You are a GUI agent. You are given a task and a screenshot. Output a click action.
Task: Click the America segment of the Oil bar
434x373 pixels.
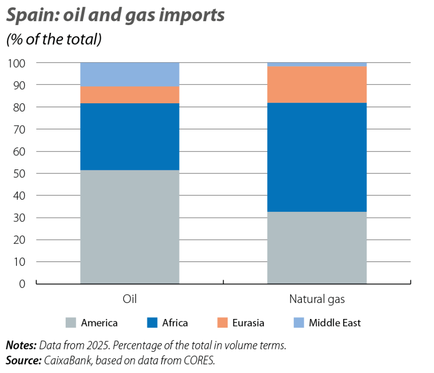130,227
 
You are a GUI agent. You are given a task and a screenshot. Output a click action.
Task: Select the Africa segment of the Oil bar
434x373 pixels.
130,137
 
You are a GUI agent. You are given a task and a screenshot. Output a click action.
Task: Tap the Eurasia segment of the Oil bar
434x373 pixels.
130,95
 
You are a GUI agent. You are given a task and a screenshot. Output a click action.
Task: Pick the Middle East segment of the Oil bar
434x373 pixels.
130,74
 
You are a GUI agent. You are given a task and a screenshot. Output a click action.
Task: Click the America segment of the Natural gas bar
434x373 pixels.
317,248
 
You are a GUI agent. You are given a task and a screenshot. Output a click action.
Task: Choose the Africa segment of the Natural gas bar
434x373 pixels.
317,157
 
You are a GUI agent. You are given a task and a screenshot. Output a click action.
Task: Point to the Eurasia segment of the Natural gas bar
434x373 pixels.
317,84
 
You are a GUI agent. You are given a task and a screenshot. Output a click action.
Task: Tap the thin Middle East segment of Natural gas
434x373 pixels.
317,64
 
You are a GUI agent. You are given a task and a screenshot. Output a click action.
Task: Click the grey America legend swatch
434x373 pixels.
70,323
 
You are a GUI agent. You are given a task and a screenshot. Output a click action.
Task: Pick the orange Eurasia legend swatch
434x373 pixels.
222,323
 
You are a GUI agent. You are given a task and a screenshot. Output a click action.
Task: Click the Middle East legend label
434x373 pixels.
335,323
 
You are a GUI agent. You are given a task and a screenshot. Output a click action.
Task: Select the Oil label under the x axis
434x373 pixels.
130,299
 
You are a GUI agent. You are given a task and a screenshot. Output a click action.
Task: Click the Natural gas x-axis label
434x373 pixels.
317,299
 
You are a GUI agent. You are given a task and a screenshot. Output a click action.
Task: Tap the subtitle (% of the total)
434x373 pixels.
54,40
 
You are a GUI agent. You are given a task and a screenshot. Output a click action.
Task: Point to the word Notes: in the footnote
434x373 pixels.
21,346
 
